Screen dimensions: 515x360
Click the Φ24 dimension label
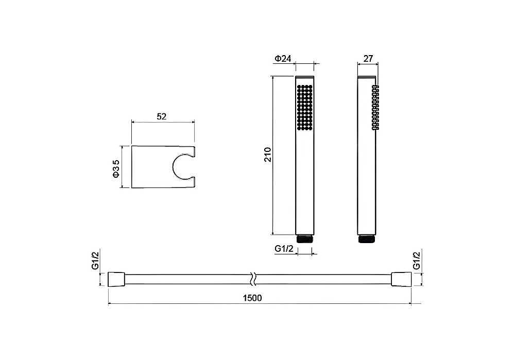pyautogui.click(x=283, y=59)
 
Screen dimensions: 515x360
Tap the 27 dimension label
pyautogui.click(x=368, y=59)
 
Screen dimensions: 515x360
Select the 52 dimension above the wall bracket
pyautogui.click(x=162, y=116)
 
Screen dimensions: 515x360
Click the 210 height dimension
pyautogui.click(x=268, y=155)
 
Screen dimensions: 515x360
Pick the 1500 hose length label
pyautogui.click(x=252, y=298)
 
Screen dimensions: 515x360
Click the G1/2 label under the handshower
pyautogui.click(x=284, y=249)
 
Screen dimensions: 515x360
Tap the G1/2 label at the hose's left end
pyautogui.click(x=95, y=261)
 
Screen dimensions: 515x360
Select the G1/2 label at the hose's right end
pyautogui.click(x=417, y=261)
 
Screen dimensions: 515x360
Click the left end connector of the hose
pyautogui.click(x=116, y=279)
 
